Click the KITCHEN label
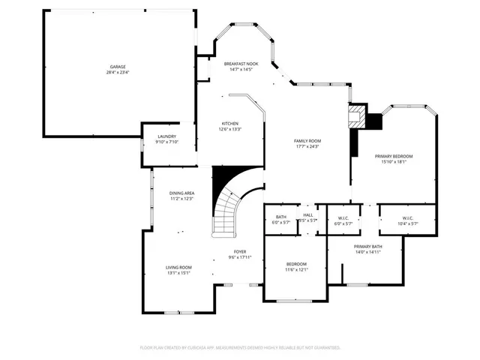pos(229,124)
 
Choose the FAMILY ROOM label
pos(307,141)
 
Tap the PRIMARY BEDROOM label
pos(394,156)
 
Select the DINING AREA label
pos(181,193)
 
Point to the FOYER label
pos(239,252)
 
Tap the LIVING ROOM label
pos(178,268)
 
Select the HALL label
pos(307,216)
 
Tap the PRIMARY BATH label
pos(368,247)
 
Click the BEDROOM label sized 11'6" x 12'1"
pos(296,265)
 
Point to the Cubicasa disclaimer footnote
pos(240,347)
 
